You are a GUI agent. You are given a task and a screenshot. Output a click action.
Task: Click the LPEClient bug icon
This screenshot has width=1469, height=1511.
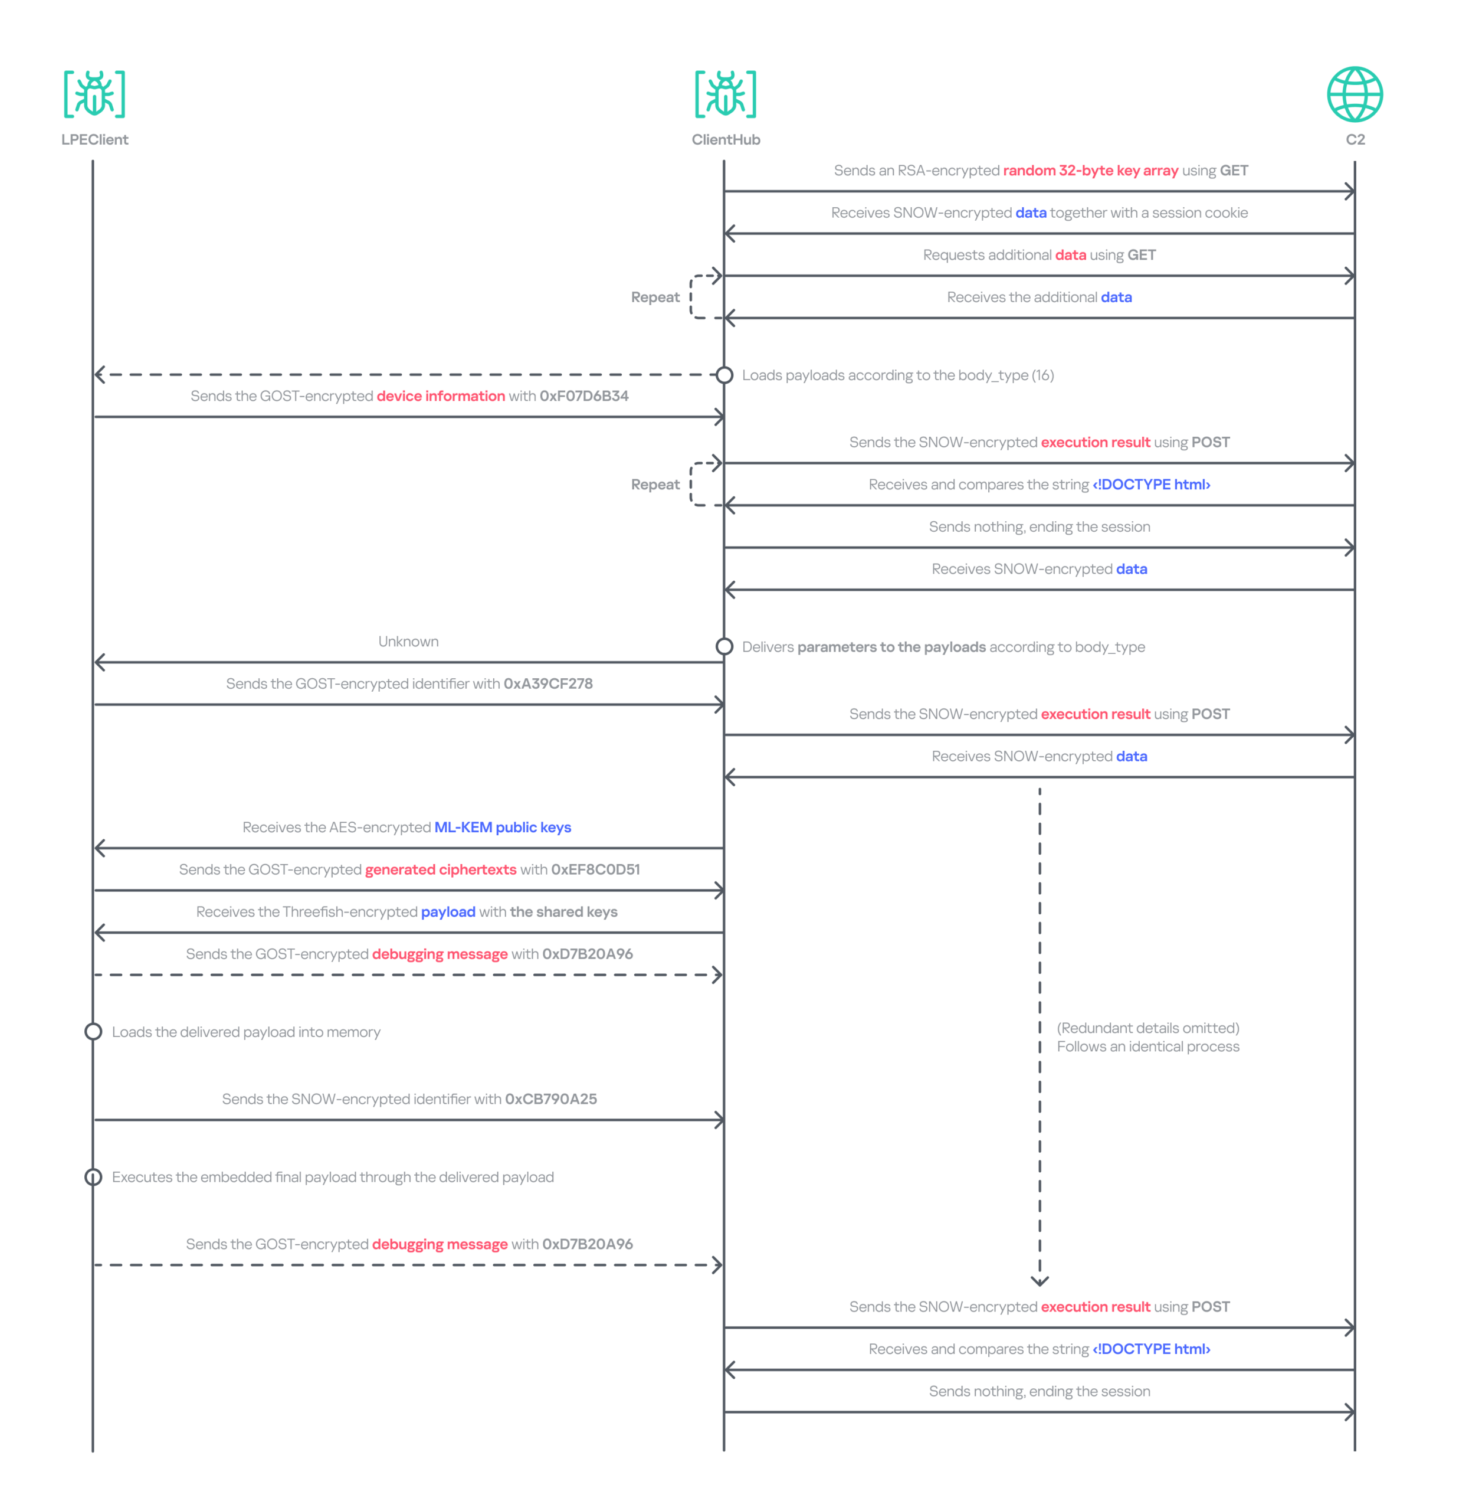(94, 94)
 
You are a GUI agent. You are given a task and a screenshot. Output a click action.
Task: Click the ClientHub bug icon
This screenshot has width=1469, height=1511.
(725, 94)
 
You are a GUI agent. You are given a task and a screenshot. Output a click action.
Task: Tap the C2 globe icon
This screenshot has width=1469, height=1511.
(1355, 94)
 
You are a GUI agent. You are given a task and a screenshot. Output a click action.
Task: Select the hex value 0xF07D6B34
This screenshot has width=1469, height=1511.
(584, 396)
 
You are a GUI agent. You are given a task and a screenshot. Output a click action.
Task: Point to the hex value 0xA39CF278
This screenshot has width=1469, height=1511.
(548, 683)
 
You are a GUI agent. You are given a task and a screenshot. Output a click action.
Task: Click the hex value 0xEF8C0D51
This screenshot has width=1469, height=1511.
(596, 870)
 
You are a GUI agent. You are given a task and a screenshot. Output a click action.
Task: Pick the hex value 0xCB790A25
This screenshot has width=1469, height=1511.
(551, 1099)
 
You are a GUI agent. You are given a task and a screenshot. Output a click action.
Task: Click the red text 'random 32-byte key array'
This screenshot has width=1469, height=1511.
(1090, 171)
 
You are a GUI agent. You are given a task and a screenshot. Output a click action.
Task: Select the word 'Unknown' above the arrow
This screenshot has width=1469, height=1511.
(408, 641)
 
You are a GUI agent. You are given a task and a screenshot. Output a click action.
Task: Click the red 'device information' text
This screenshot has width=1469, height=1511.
(441, 396)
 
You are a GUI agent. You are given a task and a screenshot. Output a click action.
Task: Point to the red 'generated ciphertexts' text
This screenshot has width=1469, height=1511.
(441, 870)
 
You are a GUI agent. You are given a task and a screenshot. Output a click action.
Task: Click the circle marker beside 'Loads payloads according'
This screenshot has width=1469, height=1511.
(724, 375)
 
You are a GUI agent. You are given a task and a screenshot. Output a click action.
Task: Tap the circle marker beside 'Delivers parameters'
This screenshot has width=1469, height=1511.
(724, 647)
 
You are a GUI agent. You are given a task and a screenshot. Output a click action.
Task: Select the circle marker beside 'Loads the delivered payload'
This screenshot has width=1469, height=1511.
(93, 1032)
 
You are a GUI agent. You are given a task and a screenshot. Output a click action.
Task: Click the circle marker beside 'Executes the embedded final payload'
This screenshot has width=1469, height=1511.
(93, 1177)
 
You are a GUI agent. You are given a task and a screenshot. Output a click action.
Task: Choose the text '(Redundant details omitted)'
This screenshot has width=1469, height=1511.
(1148, 1028)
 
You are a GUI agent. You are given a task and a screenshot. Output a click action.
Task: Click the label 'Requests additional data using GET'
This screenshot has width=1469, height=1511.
(1040, 254)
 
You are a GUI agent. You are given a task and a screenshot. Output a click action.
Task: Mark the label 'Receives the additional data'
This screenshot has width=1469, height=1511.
(1040, 297)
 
